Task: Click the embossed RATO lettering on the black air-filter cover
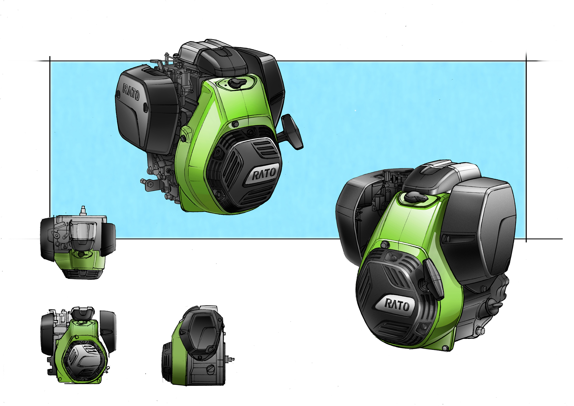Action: [x=131, y=92]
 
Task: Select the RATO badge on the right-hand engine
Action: [x=397, y=305]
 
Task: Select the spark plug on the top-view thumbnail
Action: [x=84, y=210]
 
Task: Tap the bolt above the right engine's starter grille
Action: [x=385, y=245]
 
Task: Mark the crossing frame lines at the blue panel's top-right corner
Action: [x=526, y=61]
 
